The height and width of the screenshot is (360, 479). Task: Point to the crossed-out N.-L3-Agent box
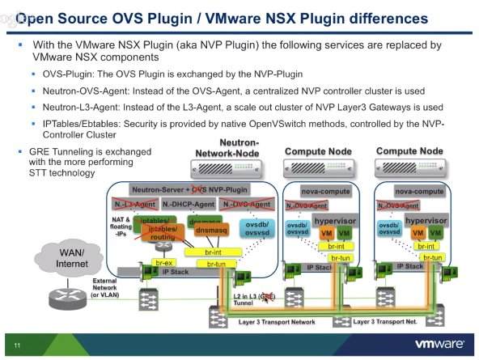pos(134,204)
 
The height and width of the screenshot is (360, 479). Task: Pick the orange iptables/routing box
pos(164,233)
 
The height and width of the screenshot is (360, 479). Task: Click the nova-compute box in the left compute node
pos(324,192)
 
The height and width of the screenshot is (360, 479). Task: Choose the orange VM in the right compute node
pos(418,233)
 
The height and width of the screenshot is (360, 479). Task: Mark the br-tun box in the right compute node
pos(432,257)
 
